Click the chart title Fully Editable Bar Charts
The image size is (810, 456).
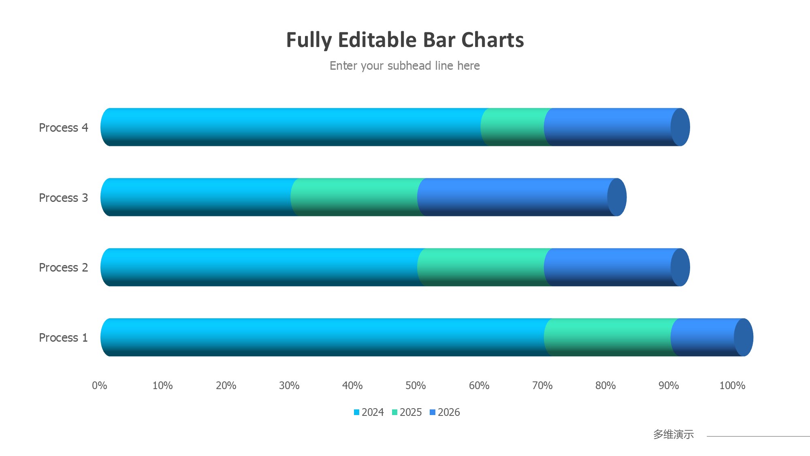coord(405,40)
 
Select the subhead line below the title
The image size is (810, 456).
coord(405,66)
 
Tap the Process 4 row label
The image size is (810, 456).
coord(64,128)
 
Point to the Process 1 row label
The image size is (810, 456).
coord(64,338)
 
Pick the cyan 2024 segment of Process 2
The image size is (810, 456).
coord(259,268)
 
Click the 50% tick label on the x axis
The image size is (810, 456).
coord(416,385)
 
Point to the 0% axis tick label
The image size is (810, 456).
coord(100,385)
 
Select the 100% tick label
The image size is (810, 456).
coord(732,385)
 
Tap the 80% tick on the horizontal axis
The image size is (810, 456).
coord(605,385)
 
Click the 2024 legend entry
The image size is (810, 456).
coord(369,412)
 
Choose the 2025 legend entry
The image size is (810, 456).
coord(407,412)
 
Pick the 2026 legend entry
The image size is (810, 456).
coord(445,412)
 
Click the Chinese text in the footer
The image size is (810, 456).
coord(674,435)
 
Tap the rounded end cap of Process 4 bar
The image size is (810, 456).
coord(680,127)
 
